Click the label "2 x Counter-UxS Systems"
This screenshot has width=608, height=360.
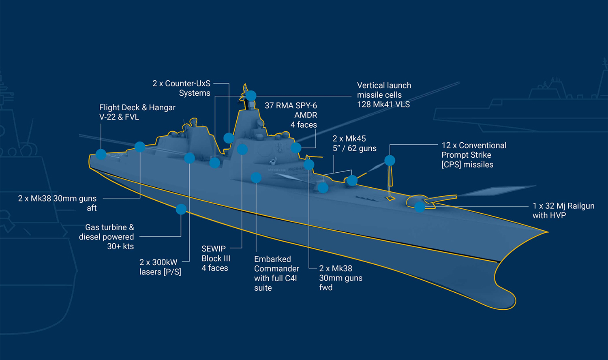(181, 88)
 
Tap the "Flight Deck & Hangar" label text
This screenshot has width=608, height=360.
(137, 107)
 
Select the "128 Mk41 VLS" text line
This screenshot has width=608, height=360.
(383, 105)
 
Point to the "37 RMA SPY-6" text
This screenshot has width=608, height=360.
(291, 105)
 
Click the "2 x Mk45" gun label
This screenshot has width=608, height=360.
(349, 139)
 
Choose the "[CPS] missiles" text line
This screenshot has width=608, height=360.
(467, 165)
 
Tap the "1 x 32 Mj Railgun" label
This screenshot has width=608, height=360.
(563, 206)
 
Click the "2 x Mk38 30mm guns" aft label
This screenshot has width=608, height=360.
(57, 199)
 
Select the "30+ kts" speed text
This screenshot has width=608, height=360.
(120, 246)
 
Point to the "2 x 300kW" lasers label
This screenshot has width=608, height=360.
(158, 262)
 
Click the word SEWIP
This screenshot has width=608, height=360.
(214, 249)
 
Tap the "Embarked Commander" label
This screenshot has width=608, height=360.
(276, 264)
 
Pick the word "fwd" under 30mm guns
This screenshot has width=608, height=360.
(326, 287)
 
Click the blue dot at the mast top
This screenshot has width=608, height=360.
(251, 96)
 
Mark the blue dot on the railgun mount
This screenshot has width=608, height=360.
(420, 207)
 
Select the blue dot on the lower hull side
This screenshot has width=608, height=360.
(181, 209)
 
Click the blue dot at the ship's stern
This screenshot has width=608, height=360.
(101, 154)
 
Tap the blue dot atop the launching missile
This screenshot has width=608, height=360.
(390, 161)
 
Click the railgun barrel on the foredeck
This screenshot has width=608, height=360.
(441, 199)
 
